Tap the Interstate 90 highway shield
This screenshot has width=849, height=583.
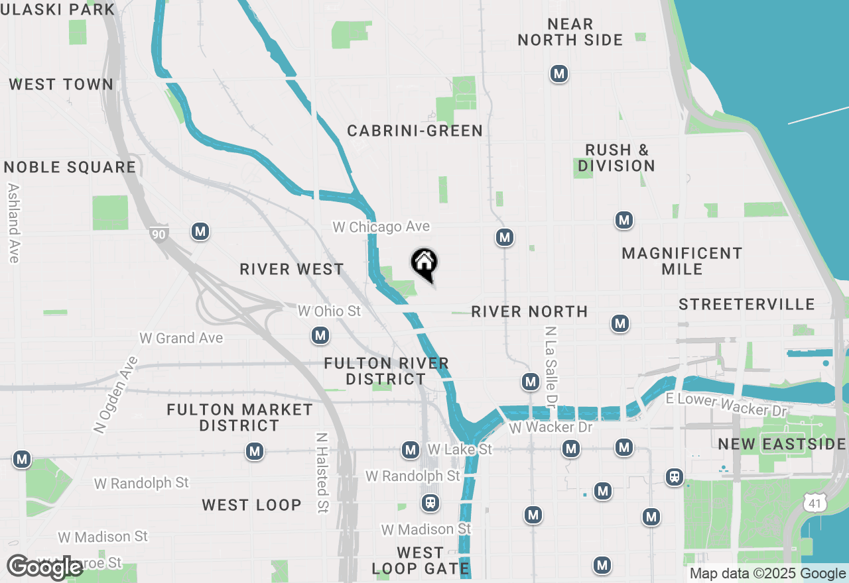(159, 233)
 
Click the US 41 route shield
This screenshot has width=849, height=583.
(815, 504)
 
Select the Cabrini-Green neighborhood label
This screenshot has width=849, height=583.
(415, 131)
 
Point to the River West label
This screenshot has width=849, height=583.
(292, 269)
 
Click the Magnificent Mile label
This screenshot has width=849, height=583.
(682, 261)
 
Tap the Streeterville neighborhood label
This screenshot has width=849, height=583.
(747, 304)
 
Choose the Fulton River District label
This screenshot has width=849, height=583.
(386, 371)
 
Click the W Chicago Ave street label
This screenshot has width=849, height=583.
(381, 227)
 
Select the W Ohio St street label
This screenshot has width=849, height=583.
(329, 311)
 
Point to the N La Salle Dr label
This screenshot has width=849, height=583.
(549, 366)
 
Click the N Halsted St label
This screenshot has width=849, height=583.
(322, 472)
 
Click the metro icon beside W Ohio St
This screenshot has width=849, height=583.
(321, 335)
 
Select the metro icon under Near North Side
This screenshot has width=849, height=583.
(559, 74)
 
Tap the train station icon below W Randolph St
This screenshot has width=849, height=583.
(430, 503)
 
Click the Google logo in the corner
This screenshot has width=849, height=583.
(45, 567)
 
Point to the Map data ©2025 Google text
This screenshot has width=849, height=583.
(767, 574)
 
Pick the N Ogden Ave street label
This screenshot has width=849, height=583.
(115, 396)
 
